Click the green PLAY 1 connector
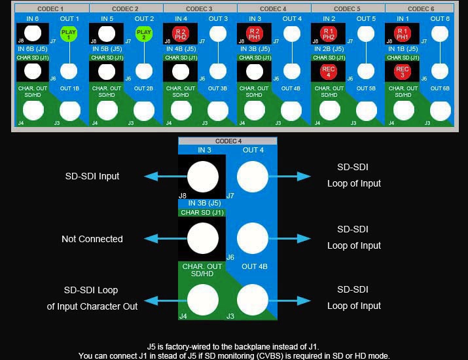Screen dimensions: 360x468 tap(69, 33)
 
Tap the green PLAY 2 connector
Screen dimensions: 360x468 tap(143, 33)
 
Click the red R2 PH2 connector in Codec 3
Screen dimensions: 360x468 tap(181, 33)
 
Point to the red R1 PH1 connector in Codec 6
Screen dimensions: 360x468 tap(403, 33)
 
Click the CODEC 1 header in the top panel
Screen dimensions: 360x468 tap(51, 9)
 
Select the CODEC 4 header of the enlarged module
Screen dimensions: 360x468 tap(228, 141)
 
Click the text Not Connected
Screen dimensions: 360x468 tap(92, 239)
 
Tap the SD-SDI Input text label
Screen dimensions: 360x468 tap(92, 176)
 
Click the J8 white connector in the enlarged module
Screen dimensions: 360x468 tap(203, 176)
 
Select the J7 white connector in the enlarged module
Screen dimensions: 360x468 tap(253, 176)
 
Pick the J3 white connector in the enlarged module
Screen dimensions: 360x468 tap(253, 300)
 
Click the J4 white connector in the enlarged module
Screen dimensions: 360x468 tap(203, 300)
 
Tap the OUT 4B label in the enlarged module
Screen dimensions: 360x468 tap(255, 266)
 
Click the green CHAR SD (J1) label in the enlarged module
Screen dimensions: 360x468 tap(202, 212)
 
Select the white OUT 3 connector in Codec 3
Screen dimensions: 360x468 tap(218, 33)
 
